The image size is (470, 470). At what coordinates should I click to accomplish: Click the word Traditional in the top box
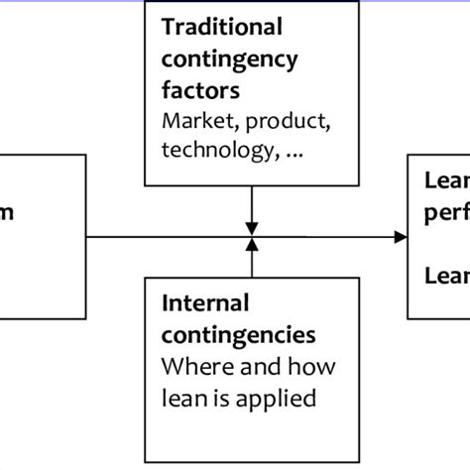[x=221, y=27]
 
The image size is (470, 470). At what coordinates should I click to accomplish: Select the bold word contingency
[x=229, y=59]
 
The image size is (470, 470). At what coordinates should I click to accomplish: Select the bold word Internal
[x=204, y=302]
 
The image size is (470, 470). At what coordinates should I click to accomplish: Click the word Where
[x=193, y=368]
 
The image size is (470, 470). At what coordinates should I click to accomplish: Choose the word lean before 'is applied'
[x=181, y=401]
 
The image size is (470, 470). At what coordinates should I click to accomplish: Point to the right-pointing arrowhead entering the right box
[x=401, y=237]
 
